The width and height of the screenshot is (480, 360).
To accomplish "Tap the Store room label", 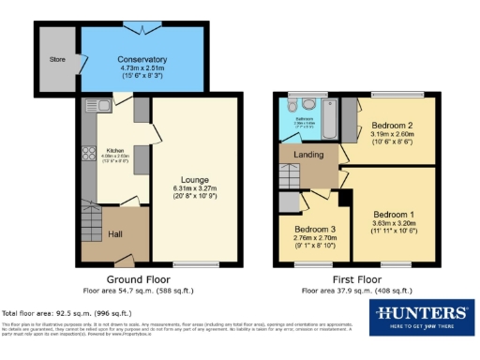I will (x=57, y=59).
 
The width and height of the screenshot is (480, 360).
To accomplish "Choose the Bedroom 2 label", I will (x=393, y=125).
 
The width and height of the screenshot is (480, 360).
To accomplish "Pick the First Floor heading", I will (x=356, y=280).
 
